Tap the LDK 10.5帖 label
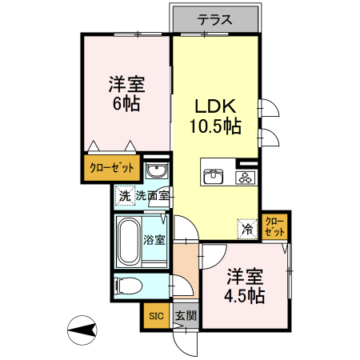(215, 115)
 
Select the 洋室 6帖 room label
(126, 92)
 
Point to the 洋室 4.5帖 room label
(245, 285)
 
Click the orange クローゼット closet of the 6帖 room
(113, 169)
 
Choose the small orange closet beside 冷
(274, 226)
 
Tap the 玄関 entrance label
(183, 316)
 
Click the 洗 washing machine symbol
(124, 195)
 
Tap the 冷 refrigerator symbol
(247, 227)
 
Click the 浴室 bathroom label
(154, 239)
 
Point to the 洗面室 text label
(151, 195)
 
